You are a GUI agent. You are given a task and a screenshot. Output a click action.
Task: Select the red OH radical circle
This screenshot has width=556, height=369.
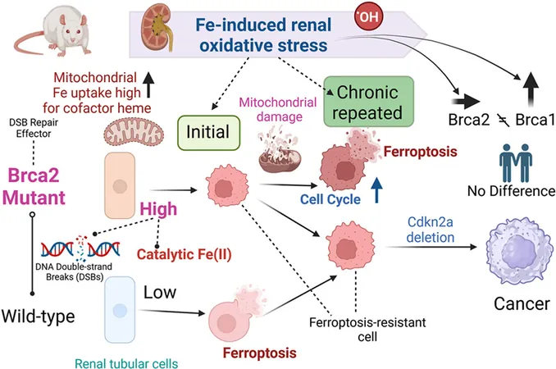tap(369, 16)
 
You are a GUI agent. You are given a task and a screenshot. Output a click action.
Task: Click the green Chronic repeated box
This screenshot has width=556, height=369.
tap(369, 102)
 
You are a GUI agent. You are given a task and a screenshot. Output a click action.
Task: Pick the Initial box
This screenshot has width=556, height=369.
tap(208, 133)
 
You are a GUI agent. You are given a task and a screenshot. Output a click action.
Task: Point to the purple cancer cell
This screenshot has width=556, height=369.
tap(519, 250)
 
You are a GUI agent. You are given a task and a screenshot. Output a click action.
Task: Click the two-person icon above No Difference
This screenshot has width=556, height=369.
tap(516, 162)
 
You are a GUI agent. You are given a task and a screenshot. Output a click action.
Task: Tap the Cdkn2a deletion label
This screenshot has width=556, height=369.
tap(430, 230)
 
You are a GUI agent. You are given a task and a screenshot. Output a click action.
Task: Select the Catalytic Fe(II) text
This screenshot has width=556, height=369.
tap(184, 254)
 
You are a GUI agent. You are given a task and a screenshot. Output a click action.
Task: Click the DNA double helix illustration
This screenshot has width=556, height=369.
tap(80, 248)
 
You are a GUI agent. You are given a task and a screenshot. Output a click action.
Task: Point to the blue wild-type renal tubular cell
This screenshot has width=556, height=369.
tap(120, 309)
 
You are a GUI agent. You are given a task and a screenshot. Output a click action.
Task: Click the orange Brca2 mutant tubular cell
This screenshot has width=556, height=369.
tap(120, 185)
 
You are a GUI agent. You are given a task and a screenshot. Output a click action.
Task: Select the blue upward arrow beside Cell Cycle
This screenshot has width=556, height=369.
tap(377, 189)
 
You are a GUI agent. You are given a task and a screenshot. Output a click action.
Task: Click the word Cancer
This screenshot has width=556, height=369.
tap(522, 303)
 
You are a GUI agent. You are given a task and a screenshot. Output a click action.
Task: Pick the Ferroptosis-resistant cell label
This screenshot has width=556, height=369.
tap(367, 330)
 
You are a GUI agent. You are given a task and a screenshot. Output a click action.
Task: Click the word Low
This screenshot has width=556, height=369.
tap(160, 293)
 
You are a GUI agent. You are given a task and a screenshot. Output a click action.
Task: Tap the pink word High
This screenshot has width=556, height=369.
tap(158, 209)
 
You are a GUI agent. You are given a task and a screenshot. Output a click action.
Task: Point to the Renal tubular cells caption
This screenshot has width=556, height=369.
tap(126, 363)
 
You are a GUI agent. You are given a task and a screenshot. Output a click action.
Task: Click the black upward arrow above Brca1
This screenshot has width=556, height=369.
tap(531, 89)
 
